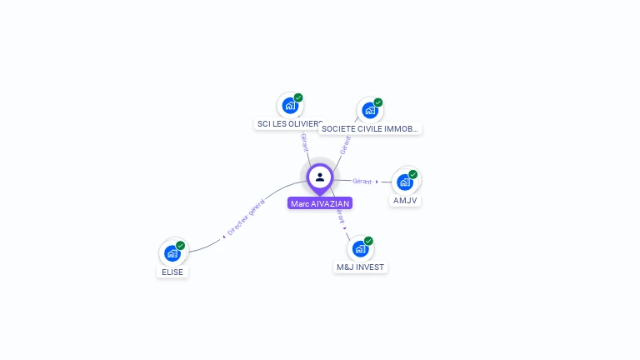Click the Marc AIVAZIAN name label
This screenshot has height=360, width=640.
320,203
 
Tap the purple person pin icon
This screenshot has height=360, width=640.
320,177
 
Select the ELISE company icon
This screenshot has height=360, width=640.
172,252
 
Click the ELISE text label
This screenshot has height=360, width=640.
172,272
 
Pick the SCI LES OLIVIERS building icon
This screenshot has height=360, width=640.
289,105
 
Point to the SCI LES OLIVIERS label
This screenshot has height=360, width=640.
288,124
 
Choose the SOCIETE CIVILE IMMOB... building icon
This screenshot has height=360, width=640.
370,110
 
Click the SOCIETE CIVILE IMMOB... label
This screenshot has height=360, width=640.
370,129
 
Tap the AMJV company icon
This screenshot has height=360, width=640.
405,182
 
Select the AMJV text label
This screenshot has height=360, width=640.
405,201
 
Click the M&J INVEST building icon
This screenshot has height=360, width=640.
360,248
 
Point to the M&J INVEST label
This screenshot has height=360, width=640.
361,267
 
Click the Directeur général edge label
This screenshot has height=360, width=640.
246,218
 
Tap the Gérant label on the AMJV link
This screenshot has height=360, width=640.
362,181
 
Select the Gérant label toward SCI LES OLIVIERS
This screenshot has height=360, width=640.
304,142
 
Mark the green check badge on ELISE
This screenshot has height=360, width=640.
181,246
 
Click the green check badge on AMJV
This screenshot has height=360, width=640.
413,175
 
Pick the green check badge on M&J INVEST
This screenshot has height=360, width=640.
368,241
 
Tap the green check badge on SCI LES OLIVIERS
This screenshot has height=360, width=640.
298,97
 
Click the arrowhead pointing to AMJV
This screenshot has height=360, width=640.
377,182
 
